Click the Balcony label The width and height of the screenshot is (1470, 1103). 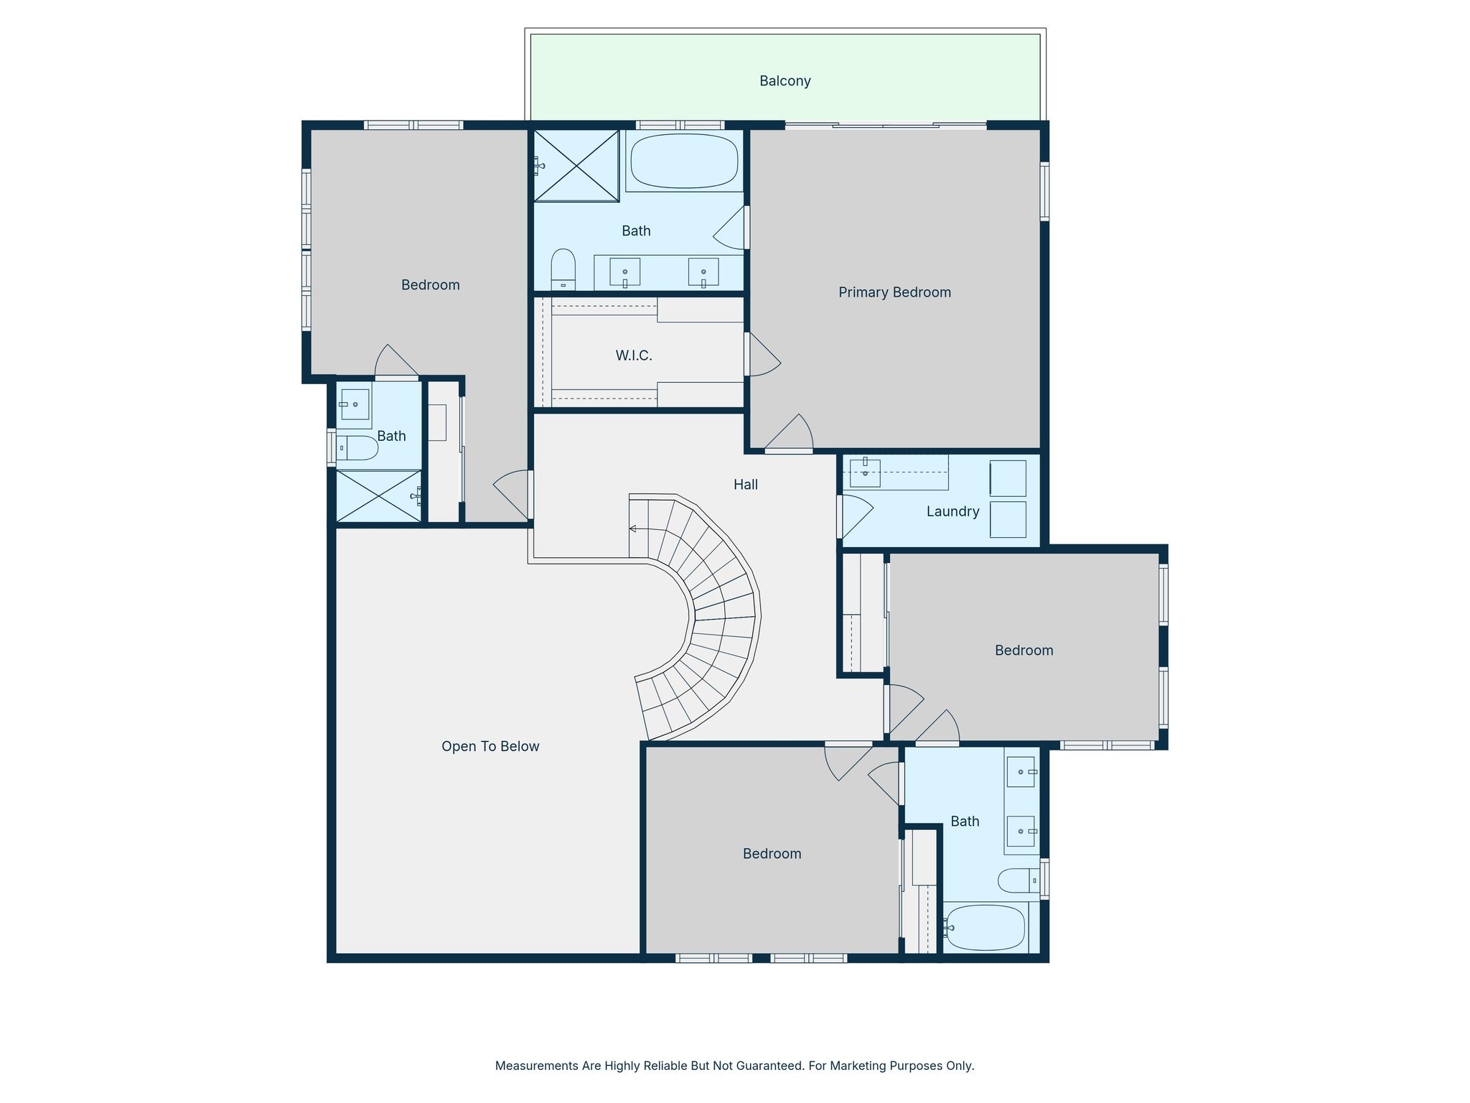[785, 81]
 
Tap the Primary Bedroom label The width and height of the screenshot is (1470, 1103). [894, 292]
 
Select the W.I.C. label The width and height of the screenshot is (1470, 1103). [634, 355]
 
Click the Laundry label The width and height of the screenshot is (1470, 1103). [952, 511]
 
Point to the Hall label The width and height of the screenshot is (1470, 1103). [746, 485]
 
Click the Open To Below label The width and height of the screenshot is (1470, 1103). [490, 747]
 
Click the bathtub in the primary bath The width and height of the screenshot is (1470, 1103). [684, 160]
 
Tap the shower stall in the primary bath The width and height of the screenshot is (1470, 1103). [576, 166]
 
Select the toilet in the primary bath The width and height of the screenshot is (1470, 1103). [563, 269]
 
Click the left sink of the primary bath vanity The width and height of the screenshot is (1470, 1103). [624, 272]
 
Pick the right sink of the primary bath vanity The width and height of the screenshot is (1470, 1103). [703, 272]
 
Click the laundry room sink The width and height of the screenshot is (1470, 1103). [865, 473]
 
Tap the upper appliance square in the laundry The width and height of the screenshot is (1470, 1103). [1008, 478]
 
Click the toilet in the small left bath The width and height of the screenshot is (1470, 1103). [357, 448]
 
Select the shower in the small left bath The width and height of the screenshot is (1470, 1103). [379, 495]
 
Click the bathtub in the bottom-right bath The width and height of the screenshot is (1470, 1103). [986, 927]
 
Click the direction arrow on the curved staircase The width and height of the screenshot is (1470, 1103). [633, 529]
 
